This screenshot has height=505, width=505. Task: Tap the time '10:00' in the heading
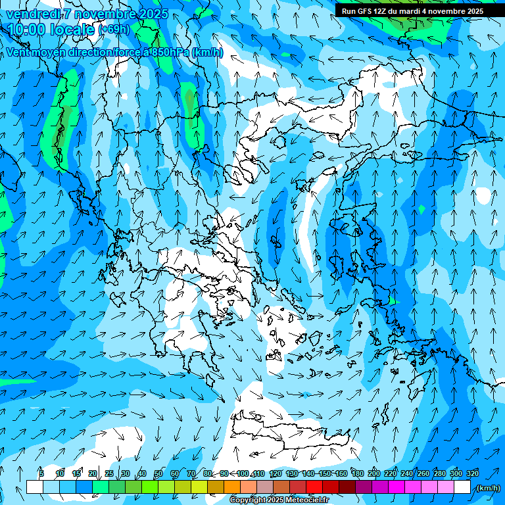pos(26,30)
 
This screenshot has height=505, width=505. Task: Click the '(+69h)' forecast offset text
pos(114,30)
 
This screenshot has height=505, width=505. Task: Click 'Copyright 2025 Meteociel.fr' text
pos(279,500)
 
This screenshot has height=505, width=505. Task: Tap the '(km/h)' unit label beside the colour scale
pos(487,488)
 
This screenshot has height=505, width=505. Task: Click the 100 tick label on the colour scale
pos(243,474)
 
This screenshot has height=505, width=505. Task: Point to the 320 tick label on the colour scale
pos(472,474)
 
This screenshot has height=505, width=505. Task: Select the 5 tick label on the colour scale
pos(41,474)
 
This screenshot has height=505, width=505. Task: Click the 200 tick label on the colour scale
pos(374,474)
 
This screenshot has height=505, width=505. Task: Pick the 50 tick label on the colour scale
pos(158,474)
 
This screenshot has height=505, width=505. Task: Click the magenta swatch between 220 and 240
pos(397,487)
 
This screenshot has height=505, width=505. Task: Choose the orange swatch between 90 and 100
pos(232,487)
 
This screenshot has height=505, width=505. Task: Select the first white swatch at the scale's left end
pos(35,487)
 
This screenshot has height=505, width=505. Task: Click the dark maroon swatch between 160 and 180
pos(348,487)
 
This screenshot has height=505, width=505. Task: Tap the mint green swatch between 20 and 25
pos(101,487)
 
